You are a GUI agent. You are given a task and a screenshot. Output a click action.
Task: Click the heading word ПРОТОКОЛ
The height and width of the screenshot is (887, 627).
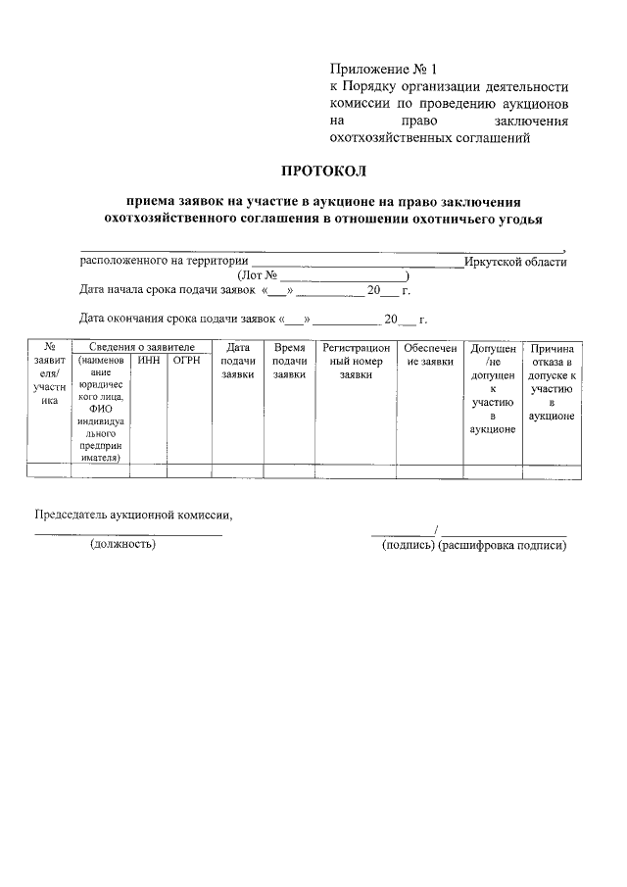click(323, 173)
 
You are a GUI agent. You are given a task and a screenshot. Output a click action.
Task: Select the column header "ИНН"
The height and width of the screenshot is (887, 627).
click(149, 361)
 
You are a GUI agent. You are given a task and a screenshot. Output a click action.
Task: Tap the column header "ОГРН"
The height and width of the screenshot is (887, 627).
click(186, 361)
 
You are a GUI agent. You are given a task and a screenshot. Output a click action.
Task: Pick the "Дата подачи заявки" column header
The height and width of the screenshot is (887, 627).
click(238, 361)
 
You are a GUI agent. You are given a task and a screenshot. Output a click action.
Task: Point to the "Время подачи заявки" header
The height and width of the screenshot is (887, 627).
click(289, 361)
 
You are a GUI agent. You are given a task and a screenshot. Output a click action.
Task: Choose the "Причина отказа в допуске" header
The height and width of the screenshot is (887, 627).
click(552, 382)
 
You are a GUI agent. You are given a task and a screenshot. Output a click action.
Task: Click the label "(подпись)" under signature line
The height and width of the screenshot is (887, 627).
click(409, 544)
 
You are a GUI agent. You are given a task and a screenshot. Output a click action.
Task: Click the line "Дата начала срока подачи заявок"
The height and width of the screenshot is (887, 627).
click(169, 289)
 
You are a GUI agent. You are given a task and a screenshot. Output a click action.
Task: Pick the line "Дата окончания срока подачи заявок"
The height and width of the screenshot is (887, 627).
click(177, 319)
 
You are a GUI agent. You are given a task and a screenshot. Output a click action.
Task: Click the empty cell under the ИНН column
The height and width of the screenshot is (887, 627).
click(149, 470)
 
